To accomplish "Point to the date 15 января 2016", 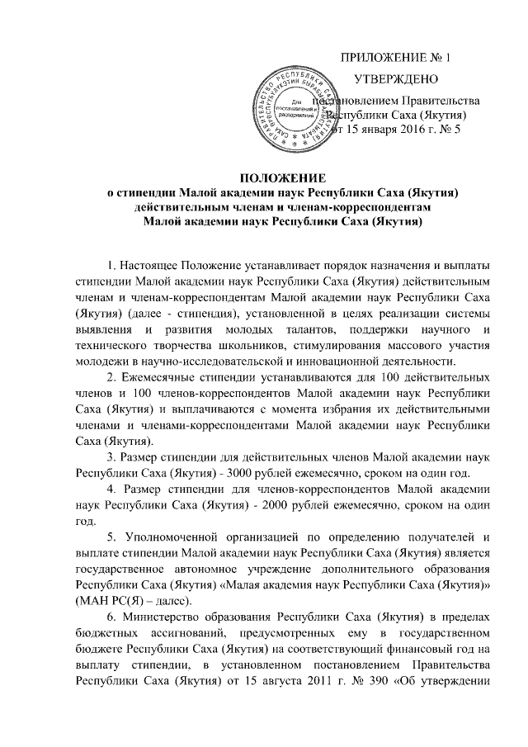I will [x=381, y=130].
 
